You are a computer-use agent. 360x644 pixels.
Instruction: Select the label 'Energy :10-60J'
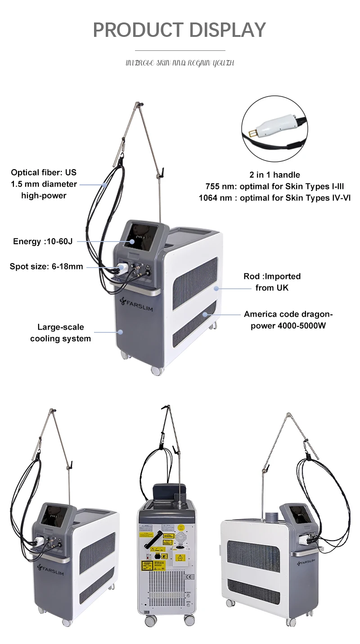43,241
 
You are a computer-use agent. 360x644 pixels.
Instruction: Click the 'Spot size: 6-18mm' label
46,267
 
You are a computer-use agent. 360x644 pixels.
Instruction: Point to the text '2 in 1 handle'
274,174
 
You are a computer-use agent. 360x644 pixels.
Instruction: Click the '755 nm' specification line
274,186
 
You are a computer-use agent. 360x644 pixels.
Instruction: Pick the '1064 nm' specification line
274,197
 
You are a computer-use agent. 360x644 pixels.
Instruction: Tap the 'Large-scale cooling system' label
60,333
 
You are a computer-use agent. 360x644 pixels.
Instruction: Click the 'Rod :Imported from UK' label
272,282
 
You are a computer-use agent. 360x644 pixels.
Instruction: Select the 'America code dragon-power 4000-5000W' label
288,320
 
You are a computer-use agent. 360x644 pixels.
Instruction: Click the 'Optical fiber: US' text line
44,172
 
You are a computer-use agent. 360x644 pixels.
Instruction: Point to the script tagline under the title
180,63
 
